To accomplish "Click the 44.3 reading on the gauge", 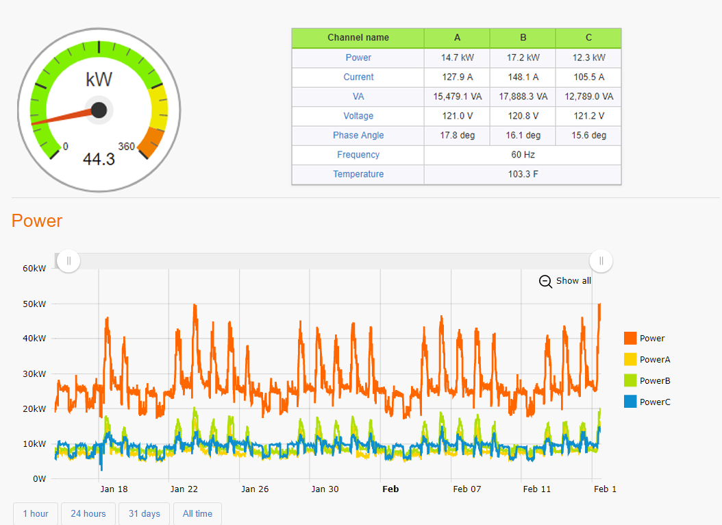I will pos(99,160).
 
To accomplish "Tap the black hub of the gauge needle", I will pos(99,110).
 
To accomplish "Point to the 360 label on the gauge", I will pos(126,146).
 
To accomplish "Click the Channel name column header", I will pos(358,38).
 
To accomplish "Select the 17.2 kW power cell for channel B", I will pos(523,58).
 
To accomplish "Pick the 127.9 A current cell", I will pos(457,77).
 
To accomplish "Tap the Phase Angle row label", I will pos(358,136).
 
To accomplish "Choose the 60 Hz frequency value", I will pos(523,155).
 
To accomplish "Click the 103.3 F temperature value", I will pos(523,174).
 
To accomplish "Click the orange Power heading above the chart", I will pos(37,221).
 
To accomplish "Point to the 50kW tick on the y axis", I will pos(34,304).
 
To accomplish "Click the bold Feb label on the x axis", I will pos(390,489).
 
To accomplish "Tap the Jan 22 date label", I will pos(184,489).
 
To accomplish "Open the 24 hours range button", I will pos(89,513).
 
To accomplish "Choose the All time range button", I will pos(197,513).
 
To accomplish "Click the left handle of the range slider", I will pos(69,260).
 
